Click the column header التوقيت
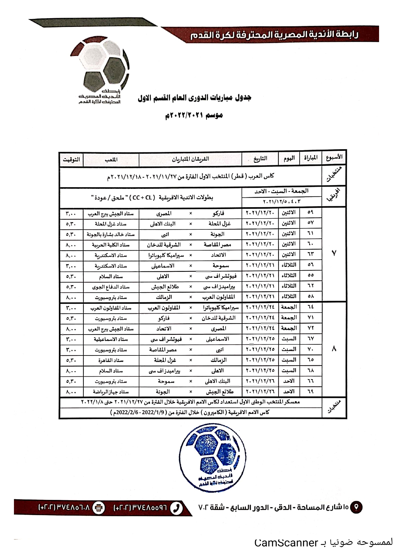(71, 159)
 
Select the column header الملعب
(111, 159)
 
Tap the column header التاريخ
(260, 158)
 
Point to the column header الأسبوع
(334, 157)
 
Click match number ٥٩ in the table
(310, 212)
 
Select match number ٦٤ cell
(310, 307)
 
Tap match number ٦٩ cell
(310, 391)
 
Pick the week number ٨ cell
(334, 349)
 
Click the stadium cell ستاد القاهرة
(111, 360)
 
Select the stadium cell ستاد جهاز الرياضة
(111, 392)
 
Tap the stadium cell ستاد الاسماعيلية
(111, 339)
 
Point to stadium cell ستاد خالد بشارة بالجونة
(111, 234)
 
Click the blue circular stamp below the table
(213, 458)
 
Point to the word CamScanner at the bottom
(286, 543)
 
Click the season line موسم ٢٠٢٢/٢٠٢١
(194, 115)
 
